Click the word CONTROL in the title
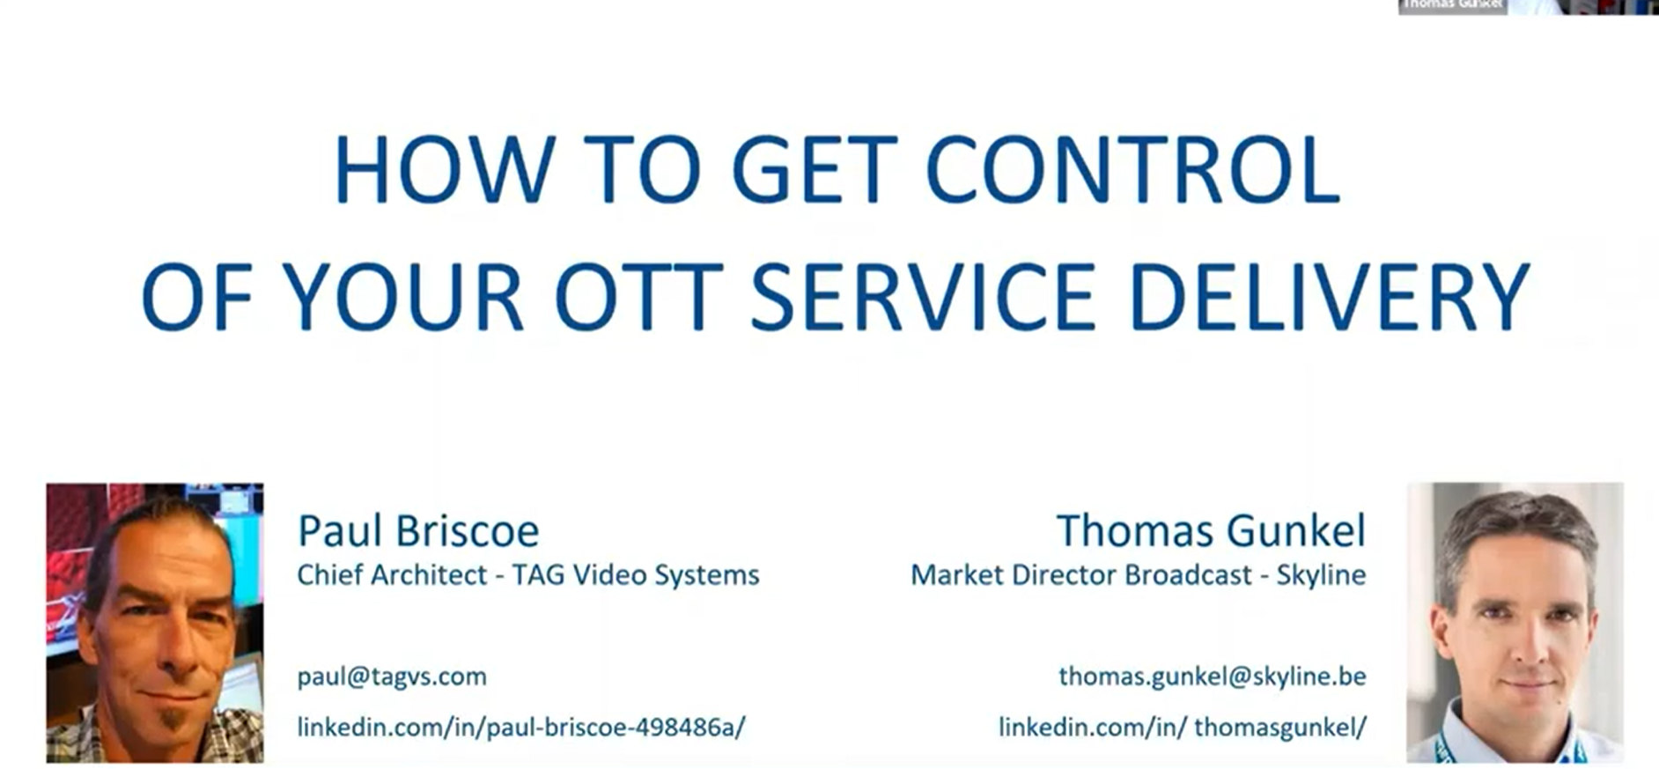1132,170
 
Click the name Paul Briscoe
417,530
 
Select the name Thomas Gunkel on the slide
1212,530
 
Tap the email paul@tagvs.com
392,677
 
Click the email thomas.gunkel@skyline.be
1213,677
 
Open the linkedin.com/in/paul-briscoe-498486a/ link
521,727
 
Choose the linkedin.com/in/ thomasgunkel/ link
1183,727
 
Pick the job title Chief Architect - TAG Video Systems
528,574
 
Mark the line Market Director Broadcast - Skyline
1139,574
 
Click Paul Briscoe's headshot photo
155,622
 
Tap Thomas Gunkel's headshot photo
1515,622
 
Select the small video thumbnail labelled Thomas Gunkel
1528,7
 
